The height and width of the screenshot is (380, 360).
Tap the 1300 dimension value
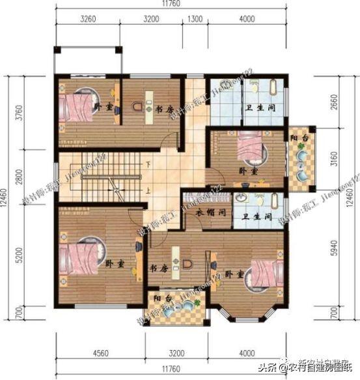[194, 19]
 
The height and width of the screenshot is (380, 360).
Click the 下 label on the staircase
[149, 164]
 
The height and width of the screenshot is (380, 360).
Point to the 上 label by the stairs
[149, 191]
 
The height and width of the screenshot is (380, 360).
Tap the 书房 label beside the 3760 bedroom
[163, 110]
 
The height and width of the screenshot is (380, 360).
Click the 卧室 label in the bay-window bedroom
[234, 275]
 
